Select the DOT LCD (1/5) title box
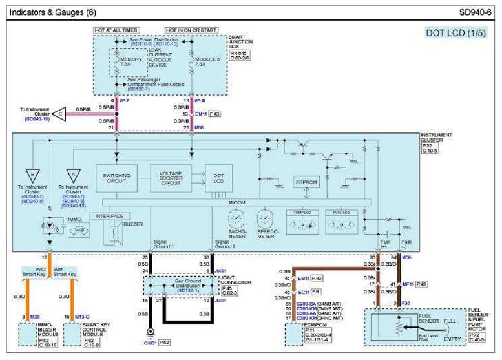[x=455, y=33]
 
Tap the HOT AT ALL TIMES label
[x=116, y=30]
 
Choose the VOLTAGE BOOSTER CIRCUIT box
[x=171, y=178]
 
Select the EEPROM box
[x=306, y=183]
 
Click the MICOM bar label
[x=237, y=203]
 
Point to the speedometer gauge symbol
[x=266, y=217]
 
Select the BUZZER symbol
[x=116, y=234]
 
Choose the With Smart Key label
[x=65, y=271]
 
